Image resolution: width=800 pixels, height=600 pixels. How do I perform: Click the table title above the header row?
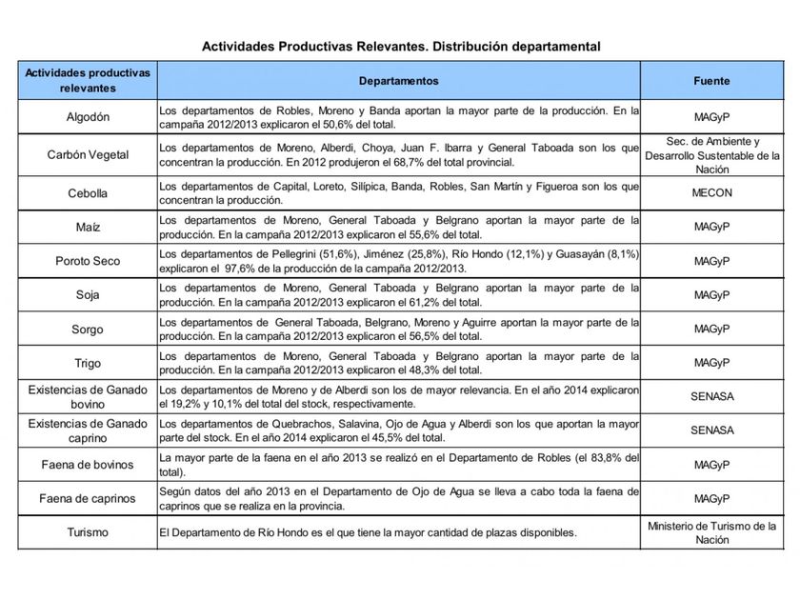click(x=400, y=45)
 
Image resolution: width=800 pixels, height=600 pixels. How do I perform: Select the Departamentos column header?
click(x=399, y=82)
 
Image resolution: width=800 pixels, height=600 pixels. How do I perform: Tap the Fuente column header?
click(x=711, y=82)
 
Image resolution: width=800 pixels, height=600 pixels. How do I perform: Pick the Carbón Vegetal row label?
click(x=87, y=155)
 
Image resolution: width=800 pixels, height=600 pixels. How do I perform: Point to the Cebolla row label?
click(x=87, y=193)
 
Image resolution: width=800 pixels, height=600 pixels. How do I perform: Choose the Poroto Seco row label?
click(x=87, y=261)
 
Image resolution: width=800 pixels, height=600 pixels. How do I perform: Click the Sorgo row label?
click(x=87, y=329)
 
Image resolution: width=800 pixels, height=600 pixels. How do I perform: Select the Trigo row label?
click(x=87, y=363)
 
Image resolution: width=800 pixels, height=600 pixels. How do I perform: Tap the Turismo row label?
click(x=87, y=532)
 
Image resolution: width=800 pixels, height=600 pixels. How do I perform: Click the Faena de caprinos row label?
click(x=87, y=498)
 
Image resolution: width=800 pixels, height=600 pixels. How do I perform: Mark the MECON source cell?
click(x=711, y=193)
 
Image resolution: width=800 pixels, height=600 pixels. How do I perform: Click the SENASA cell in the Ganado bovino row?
click(x=711, y=396)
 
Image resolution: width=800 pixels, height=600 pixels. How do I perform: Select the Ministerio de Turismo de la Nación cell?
click(x=711, y=532)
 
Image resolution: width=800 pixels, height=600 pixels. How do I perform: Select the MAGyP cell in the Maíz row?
click(x=711, y=228)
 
